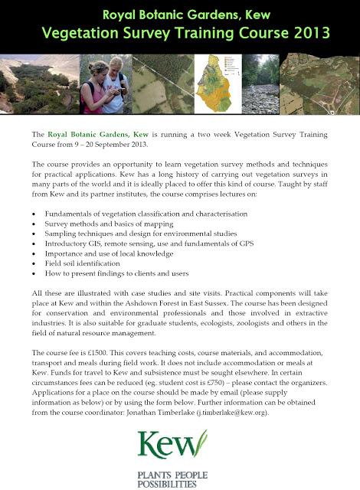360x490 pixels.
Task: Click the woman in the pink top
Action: pyautogui.click(x=99, y=88)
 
